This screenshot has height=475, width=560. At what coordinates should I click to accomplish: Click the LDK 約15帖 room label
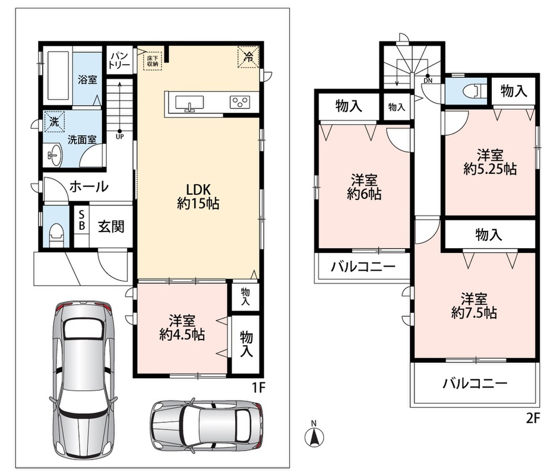pyautogui.click(x=198, y=196)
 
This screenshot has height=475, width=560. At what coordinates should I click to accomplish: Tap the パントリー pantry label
pyautogui.click(x=119, y=60)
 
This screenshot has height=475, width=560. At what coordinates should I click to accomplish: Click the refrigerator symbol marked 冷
pyautogui.click(x=248, y=56)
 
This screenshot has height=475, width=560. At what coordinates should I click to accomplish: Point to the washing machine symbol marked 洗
pyautogui.click(x=55, y=122)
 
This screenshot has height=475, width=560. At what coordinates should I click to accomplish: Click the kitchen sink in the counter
pyautogui.click(x=189, y=104)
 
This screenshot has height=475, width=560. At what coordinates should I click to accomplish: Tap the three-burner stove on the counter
pyautogui.click(x=239, y=102)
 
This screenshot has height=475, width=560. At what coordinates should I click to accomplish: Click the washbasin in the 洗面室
pyautogui.click(x=55, y=155)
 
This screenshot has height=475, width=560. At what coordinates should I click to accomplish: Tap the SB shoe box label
pyautogui.click(x=82, y=220)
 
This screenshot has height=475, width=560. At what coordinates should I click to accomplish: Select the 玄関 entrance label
pyautogui.click(x=111, y=226)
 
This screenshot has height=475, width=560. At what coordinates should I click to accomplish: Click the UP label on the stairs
pyautogui.click(x=119, y=137)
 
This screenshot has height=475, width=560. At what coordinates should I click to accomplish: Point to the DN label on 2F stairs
pyautogui.click(x=428, y=81)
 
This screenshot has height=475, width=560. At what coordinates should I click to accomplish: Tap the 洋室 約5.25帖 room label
pyautogui.click(x=490, y=162)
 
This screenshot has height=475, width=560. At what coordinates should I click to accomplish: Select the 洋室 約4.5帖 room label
pyautogui.click(x=182, y=328)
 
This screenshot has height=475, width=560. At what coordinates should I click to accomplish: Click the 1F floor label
pyautogui.click(x=259, y=388)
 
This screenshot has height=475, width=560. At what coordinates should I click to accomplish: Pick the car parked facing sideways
pyautogui.click(x=208, y=424)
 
